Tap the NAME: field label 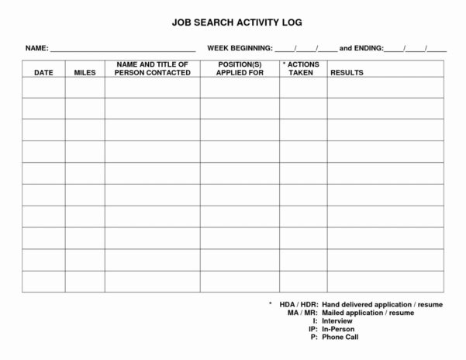tap(36, 48)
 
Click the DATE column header tap(43, 72)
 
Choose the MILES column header tap(85, 72)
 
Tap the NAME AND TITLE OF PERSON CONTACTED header tap(152, 68)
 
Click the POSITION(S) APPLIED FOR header tap(240, 68)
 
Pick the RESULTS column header tap(347, 72)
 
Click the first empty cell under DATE tap(43, 88)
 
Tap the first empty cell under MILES tap(85, 88)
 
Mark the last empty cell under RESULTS tap(385, 281)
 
